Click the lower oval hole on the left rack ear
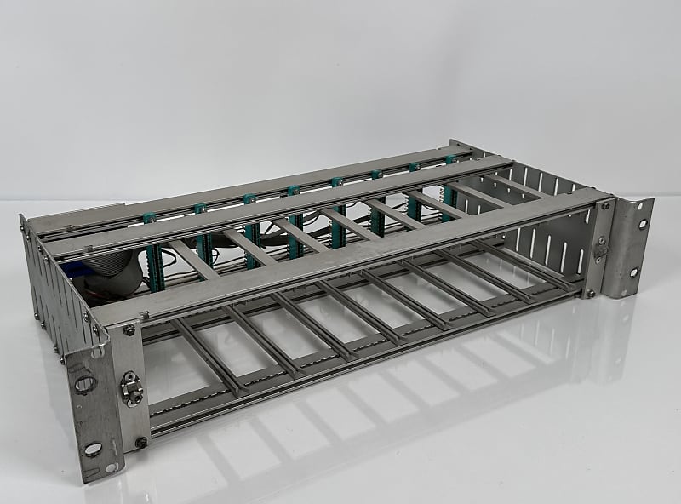[93, 449]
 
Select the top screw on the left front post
[129, 330]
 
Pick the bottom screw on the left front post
[140, 442]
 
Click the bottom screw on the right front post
[591, 293]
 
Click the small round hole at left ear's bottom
[110, 467]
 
